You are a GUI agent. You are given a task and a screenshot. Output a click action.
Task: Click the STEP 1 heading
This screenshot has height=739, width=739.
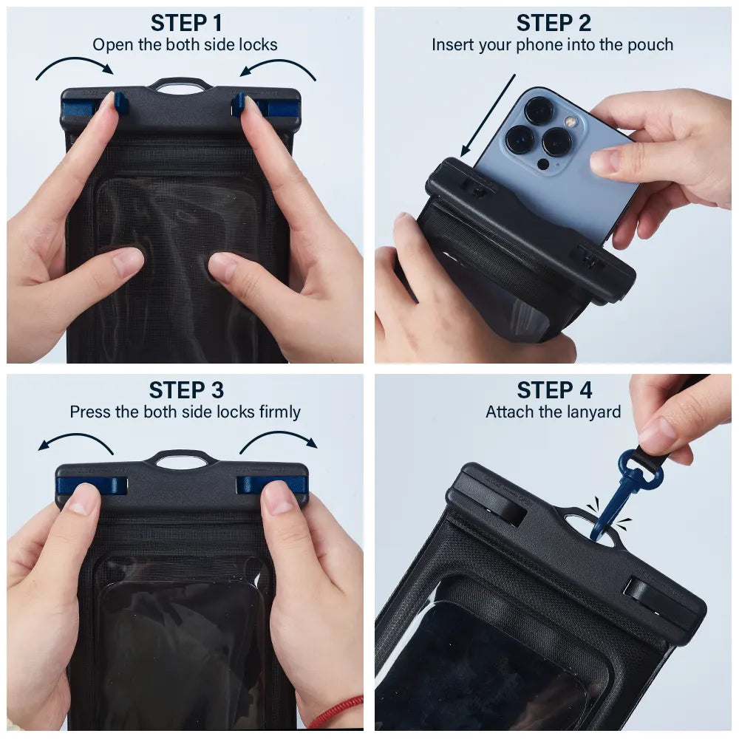click(x=185, y=23)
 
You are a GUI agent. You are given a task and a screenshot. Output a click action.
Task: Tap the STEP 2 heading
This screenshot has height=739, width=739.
click(x=553, y=23)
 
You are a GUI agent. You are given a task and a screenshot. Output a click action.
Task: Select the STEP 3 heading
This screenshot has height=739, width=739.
click(x=185, y=390)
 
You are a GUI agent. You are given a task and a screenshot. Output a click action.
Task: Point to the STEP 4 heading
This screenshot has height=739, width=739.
click(x=553, y=390)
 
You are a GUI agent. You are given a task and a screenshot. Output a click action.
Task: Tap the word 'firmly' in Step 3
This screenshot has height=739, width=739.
click(x=279, y=412)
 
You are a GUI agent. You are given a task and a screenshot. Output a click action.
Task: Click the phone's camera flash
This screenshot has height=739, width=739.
click(x=570, y=120)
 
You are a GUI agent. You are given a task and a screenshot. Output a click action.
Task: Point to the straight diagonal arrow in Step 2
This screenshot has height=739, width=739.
click(x=488, y=115)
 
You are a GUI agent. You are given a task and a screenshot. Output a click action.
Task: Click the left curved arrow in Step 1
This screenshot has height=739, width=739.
click(x=74, y=65)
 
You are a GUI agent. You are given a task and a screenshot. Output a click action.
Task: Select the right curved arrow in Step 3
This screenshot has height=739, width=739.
click(x=278, y=439)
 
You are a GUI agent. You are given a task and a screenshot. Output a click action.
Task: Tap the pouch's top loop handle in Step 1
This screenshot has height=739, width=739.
click(x=180, y=85)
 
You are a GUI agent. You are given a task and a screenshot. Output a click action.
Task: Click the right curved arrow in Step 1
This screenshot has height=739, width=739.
click(x=279, y=65)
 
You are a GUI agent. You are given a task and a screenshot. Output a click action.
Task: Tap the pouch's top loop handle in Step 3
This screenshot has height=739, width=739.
click(x=180, y=458)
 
